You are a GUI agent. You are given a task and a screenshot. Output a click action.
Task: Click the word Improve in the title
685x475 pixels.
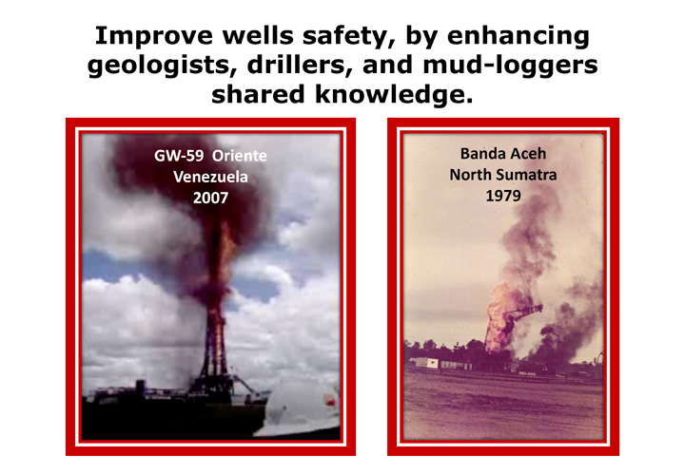[154, 36]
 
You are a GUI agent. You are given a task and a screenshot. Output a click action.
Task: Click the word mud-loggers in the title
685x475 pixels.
[510, 66]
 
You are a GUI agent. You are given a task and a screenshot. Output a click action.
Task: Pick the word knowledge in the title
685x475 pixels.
[394, 95]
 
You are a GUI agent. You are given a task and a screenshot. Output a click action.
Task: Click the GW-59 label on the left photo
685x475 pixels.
[179, 156]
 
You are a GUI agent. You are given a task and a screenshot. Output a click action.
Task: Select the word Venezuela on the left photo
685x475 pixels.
[210, 177]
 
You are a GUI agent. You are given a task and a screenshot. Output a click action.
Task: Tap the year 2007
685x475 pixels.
[210, 198]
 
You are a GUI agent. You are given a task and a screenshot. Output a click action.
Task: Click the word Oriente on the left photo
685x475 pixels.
[240, 156]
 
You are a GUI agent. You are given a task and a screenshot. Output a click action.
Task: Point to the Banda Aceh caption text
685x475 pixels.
[503, 154]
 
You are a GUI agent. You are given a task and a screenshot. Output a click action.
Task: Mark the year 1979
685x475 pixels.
[503, 196]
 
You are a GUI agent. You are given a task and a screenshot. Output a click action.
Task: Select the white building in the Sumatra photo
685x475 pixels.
[423, 363]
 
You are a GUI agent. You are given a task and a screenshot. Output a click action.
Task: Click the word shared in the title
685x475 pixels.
[259, 95]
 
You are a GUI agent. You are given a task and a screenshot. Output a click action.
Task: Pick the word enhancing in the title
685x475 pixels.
[519, 36]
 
